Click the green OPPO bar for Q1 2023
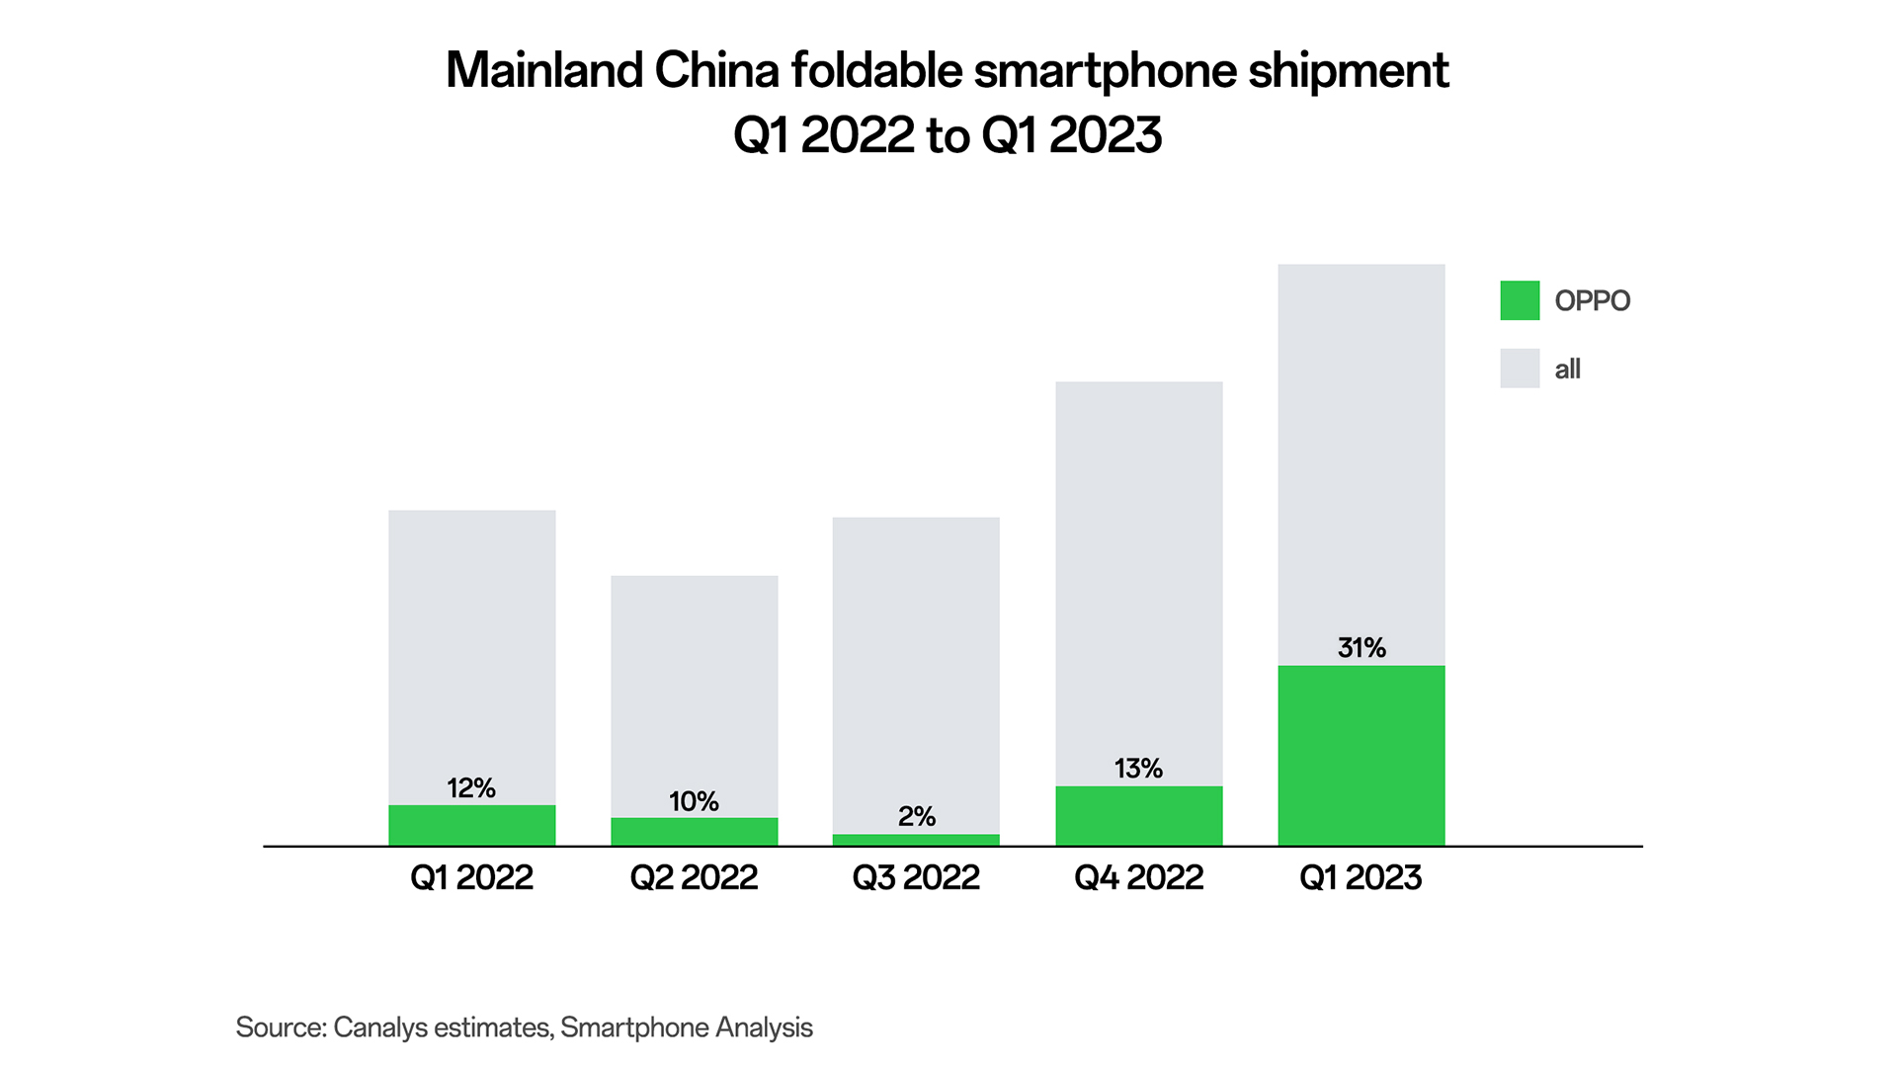pos(1361,755)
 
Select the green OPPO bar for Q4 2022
pos(1138,815)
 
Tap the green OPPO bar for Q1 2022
pos(471,825)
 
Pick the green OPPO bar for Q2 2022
pos(694,831)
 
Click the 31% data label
pos(1361,648)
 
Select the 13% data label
pos(1138,769)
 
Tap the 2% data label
pos(916,816)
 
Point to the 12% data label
pos(471,788)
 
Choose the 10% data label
pos(694,801)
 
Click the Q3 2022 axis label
pos(916,877)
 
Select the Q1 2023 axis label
pos(1361,877)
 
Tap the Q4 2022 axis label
pos(1138,877)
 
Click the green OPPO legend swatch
pos(1520,300)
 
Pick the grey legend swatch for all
pos(1520,369)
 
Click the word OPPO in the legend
pos(1592,300)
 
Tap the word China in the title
pos(716,70)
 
